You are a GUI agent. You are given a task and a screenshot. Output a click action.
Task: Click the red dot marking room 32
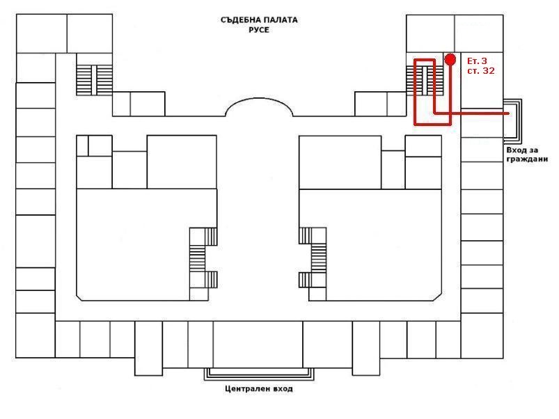click(450, 59)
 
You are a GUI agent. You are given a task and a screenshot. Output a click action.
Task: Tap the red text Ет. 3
click(477, 61)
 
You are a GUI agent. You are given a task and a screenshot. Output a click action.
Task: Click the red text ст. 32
click(481, 71)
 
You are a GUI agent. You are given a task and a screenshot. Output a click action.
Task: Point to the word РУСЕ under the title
click(259, 30)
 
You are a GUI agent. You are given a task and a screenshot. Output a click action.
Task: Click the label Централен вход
click(259, 388)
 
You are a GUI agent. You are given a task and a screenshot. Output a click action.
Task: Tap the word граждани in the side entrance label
click(527, 159)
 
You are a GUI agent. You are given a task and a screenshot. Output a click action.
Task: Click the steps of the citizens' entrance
click(512, 118)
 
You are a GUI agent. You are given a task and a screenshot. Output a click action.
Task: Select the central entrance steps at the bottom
click(259, 374)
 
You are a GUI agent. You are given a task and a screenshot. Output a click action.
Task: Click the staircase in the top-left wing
click(94, 80)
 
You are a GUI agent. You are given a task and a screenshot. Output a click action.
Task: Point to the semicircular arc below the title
click(259, 99)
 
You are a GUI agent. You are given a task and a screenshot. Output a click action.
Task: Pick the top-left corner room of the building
click(42, 33)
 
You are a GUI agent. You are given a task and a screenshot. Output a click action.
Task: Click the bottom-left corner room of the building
click(36, 335)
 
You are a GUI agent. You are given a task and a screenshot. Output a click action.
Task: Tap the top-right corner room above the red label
click(479, 33)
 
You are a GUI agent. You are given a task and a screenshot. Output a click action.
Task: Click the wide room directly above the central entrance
click(258, 344)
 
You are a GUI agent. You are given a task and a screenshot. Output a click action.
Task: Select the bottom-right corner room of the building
click(482, 335)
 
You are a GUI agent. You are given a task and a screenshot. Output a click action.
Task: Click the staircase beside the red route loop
click(425, 81)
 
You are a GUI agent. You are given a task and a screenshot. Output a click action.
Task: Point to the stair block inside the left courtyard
click(203, 258)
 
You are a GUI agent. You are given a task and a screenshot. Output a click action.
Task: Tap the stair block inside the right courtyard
click(313, 258)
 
